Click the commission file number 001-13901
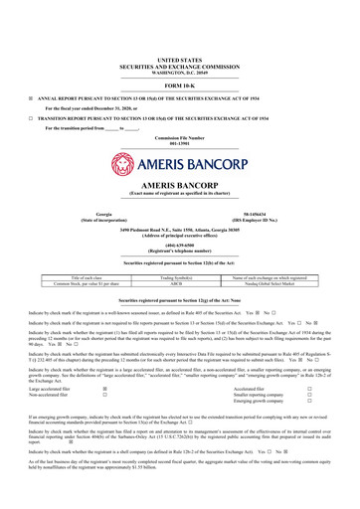[x=180, y=141]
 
